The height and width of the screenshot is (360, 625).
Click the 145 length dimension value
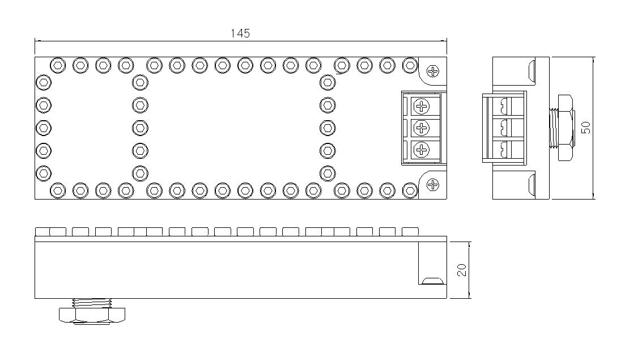(x=240, y=33)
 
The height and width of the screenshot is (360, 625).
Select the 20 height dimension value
(x=462, y=270)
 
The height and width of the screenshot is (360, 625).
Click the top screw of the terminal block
(x=422, y=106)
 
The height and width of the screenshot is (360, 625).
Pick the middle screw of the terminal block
(x=422, y=128)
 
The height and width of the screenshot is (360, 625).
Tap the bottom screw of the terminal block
(x=422, y=150)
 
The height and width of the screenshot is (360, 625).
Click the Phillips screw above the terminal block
(x=432, y=71)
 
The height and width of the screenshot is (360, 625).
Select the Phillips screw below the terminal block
(x=432, y=185)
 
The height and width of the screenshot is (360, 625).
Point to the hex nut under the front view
(x=92, y=315)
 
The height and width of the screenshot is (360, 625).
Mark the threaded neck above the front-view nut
(x=92, y=303)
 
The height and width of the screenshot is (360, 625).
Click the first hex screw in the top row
(x=58, y=65)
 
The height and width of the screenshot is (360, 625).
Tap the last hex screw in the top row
(x=410, y=65)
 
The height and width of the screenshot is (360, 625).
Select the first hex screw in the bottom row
(x=58, y=190)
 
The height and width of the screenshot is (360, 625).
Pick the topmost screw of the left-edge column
(x=44, y=83)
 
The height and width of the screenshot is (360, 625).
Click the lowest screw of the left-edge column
(x=44, y=173)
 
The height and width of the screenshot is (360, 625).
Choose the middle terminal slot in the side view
(x=504, y=128)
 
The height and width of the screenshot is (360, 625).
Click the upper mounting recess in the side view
(x=532, y=71)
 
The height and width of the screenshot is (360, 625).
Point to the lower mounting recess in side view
(x=532, y=185)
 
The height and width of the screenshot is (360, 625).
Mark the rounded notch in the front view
(x=432, y=281)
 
